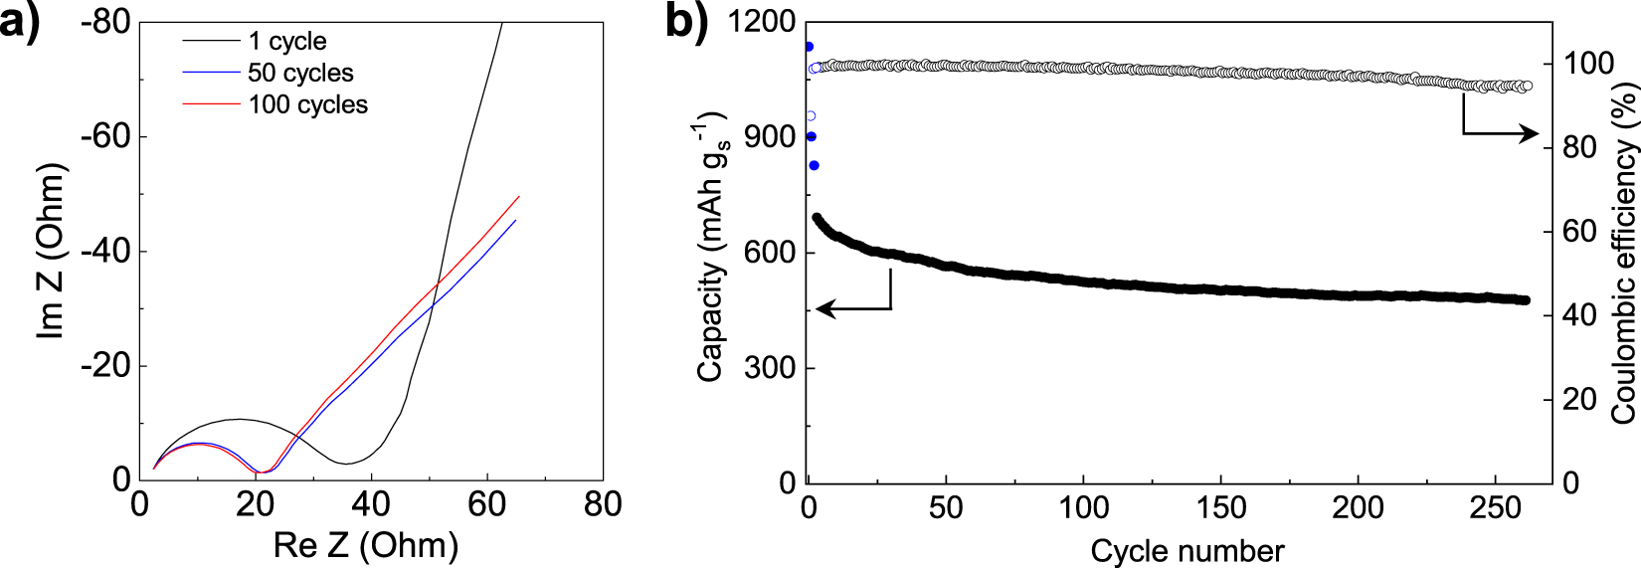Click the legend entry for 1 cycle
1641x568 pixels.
pos(286,41)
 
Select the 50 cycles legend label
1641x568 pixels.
pos(300,73)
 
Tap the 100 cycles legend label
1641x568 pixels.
pos(307,104)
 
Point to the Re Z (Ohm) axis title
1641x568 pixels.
pos(366,545)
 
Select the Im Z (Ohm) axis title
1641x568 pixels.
pos(51,251)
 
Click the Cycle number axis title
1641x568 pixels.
pos(1186,550)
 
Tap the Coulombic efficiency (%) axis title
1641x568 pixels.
pos(1623,254)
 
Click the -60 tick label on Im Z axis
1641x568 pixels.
pos(105,136)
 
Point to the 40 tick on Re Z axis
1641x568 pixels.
pos(371,505)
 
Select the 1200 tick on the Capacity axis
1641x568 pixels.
pos(762,21)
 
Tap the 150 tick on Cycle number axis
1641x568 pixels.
pos(1220,508)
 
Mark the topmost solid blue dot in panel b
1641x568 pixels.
pos(809,47)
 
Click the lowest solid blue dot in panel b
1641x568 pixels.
pos(815,165)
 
